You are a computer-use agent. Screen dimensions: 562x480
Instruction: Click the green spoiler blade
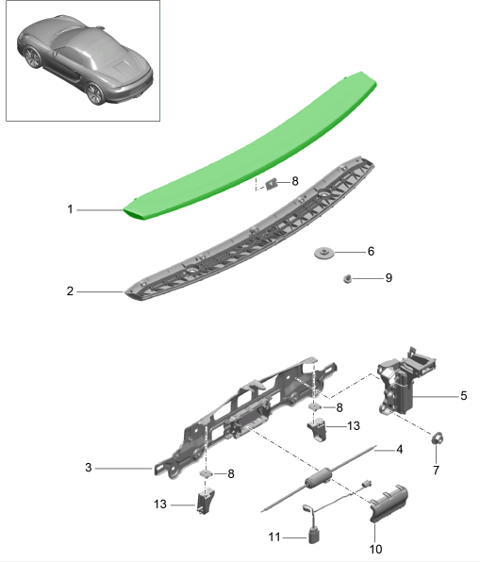coord(255,151)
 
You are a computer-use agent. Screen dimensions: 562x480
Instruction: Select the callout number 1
coord(70,209)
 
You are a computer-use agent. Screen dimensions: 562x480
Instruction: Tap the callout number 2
coord(70,292)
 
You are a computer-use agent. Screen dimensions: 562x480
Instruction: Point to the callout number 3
coord(89,467)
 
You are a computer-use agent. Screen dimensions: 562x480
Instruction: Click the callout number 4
coord(400,449)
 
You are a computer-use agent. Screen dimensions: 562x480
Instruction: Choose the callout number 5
coord(463,396)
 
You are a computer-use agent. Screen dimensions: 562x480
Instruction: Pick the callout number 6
coord(371,252)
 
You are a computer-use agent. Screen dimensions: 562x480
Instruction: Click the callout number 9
coord(388,278)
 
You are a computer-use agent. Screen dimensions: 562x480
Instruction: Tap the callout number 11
coord(274,537)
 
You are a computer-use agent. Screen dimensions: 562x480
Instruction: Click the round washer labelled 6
coord(325,253)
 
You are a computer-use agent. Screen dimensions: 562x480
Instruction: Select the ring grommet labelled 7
coord(438,438)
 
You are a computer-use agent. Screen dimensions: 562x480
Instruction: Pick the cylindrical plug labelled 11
coord(314,535)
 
